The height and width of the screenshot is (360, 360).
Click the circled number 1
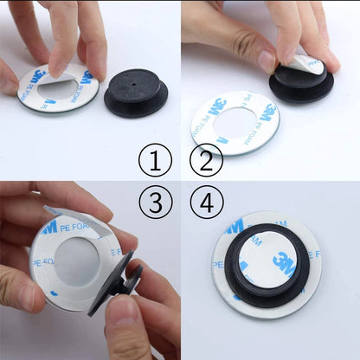[156, 161]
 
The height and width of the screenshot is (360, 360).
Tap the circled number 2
[206, 160]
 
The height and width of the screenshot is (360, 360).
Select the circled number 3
[156, 203]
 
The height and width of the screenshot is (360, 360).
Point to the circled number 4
[206, 203]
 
